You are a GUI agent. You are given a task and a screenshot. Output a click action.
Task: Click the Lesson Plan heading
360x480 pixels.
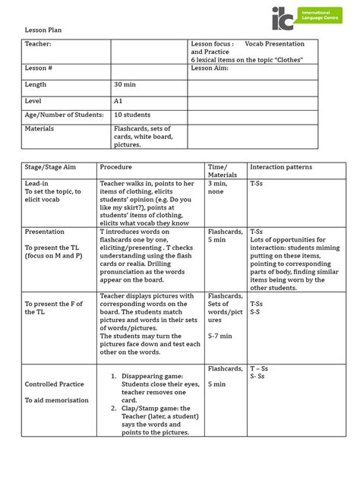[43, 29]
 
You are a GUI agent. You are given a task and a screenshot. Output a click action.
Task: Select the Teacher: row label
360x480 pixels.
[38, 45]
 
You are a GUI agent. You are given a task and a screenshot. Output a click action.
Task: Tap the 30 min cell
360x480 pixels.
[124, 85]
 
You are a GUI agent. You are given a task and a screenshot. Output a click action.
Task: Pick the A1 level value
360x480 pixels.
[118, 99]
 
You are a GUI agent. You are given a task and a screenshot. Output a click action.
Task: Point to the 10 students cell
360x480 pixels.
[130, 115]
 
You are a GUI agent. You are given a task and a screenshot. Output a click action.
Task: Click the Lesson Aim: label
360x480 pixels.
[209, 68]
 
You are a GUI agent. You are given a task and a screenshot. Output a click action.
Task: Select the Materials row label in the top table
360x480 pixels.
[39, 129]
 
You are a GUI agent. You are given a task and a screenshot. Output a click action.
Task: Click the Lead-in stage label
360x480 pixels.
[36, 184]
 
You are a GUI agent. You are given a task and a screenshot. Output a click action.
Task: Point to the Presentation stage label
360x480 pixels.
[45, 232]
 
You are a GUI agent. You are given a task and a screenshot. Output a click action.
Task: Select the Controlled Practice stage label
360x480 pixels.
[54, 384]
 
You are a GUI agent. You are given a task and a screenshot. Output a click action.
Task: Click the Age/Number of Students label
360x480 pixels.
[64, 115]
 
